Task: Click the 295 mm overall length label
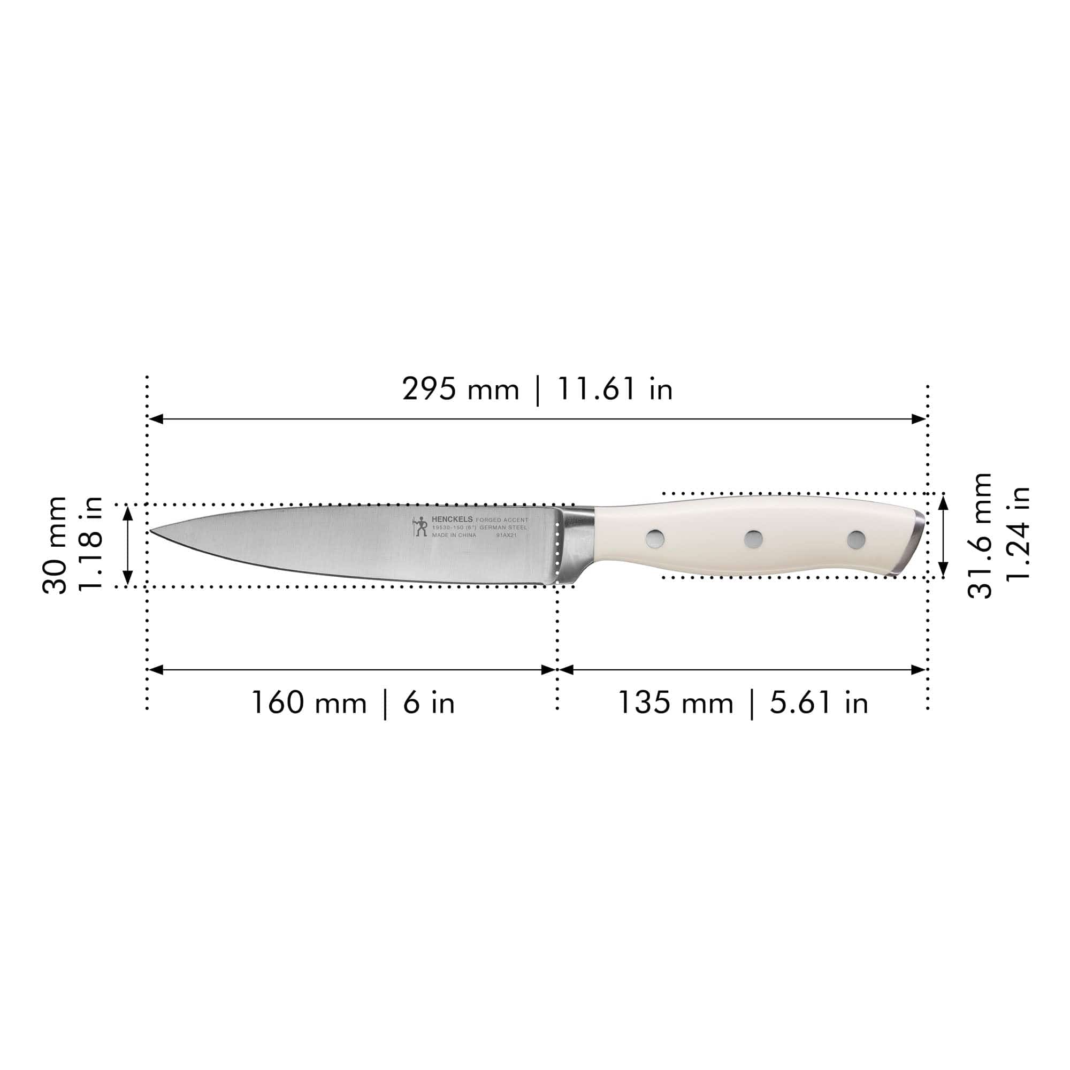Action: click(460, 389)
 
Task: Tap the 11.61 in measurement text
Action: click(615, 389)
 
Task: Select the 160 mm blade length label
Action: click(309, 703)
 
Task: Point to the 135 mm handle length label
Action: click(676, 703)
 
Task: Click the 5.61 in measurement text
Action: click(819, 703)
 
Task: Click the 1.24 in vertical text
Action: click(1018, 533)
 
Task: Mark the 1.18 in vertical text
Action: click(90, 544)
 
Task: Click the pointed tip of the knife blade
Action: click(152, 531)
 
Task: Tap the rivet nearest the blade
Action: click(655, 538)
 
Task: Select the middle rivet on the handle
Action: click(753, 538)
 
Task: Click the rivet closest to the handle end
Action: click(856, 539)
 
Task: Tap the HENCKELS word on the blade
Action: click(452, 519)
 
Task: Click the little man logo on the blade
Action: click(421, 526)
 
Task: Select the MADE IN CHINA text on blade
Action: click(454, 536)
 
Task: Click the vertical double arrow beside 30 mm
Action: click(128, 546)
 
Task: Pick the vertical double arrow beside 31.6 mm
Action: click(944, 536)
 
